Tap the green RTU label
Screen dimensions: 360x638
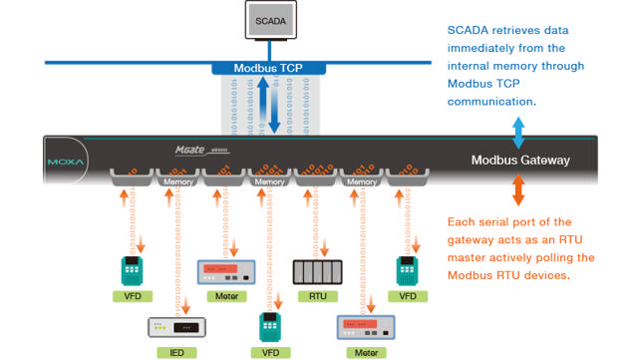pos(317,296)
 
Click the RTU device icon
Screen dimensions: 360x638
pos(317,271)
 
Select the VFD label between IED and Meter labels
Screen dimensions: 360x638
pos(269,352)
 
